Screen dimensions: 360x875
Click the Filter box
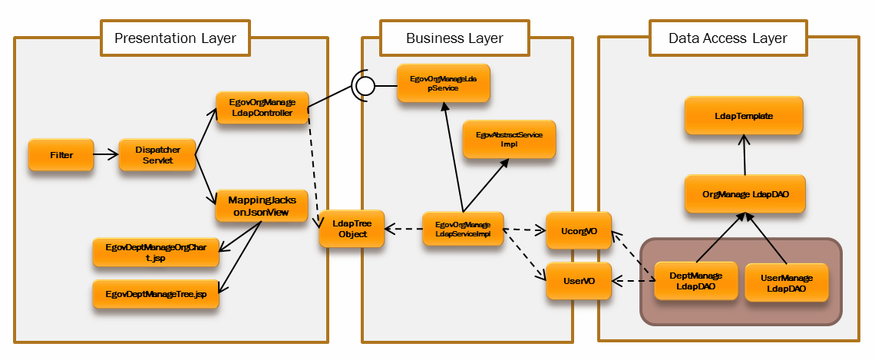tap(61, 155)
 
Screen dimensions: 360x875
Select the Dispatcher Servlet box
tap(157, 155)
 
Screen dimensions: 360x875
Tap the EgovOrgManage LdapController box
tap(262, 108)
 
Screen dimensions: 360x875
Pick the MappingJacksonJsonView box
tap(262, 206)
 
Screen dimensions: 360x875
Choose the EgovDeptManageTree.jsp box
tap(157, 295)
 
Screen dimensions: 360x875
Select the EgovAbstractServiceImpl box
tap(509, 139)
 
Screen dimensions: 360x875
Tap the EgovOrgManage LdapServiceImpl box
tap(463, 228)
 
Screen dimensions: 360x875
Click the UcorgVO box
tap(579, 230)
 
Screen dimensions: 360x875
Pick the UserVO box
tap(579, 281)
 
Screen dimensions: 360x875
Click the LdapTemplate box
tap(744, 116)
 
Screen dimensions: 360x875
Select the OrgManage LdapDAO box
tap(744, 194)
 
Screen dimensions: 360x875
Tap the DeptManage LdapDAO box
tap(695, 281)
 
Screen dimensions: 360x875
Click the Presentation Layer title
tap(175, 38)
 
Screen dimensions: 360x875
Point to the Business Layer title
tap(454, 38)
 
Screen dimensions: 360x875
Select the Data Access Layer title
tap(727, 38)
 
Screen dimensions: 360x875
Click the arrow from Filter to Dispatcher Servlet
tap(106, 155)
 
